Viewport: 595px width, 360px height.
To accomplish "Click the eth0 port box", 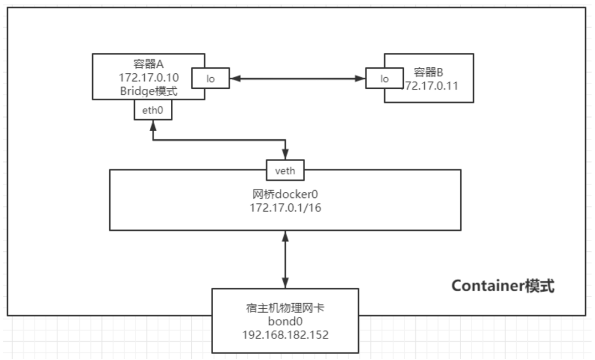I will (153, 110).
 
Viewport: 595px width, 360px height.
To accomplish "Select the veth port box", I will (285, 171).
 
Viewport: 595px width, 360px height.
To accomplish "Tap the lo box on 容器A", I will (210, 79).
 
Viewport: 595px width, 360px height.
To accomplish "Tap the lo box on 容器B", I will (385, 79).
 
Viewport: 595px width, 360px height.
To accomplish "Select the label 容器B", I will (428, 72).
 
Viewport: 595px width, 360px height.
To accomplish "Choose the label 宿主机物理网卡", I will (285, 309).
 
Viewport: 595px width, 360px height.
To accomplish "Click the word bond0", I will (285, 321).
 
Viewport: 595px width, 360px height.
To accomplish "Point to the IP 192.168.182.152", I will (285, 334).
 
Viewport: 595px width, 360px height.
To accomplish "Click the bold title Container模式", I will (502, 286).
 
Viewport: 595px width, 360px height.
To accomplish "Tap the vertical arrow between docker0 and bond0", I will (285, 259).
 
